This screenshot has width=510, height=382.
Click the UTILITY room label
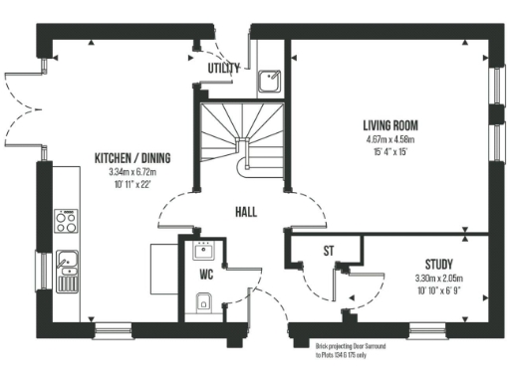[223, 68]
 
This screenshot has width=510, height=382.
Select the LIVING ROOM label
[389, 125]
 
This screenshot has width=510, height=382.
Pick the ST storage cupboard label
[327, 252]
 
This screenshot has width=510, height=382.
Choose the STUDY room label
[439, 264]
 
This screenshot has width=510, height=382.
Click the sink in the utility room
[269, 81]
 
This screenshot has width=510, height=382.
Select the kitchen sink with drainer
[67, 266]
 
